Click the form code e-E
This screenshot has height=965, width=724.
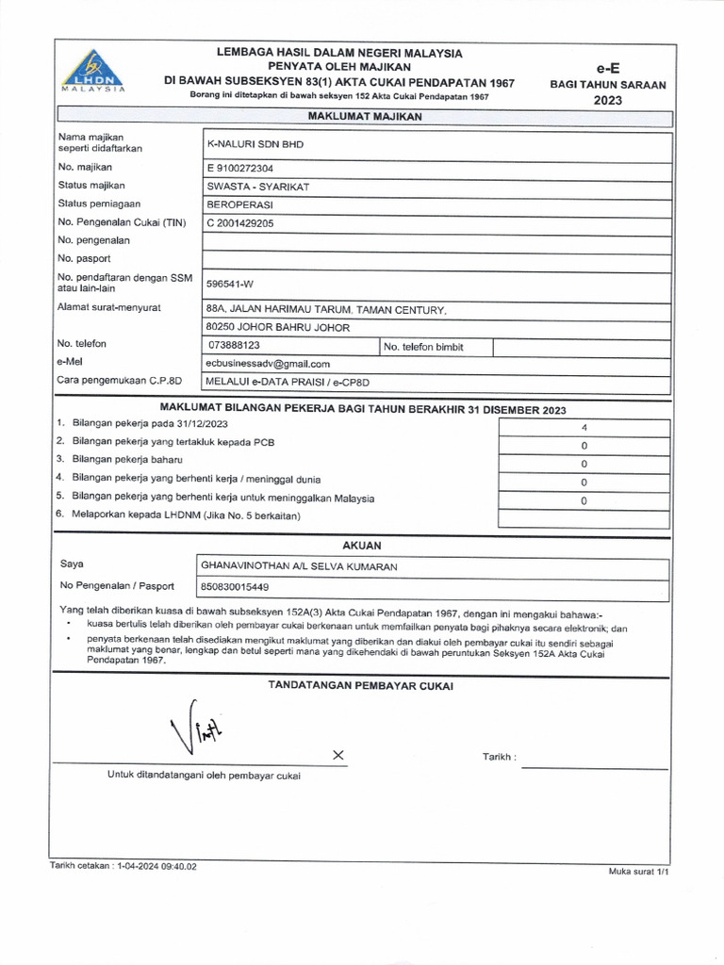608,68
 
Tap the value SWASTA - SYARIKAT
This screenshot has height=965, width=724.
257,187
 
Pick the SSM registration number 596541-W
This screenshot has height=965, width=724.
231,283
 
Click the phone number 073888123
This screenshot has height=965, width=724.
233,346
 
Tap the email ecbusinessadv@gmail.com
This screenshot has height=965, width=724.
268,363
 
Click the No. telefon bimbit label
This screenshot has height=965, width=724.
423,347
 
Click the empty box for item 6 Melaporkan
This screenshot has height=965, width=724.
584,517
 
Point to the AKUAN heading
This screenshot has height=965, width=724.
362,546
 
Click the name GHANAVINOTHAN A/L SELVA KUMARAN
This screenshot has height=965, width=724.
300,566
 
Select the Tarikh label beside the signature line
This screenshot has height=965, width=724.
499,758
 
